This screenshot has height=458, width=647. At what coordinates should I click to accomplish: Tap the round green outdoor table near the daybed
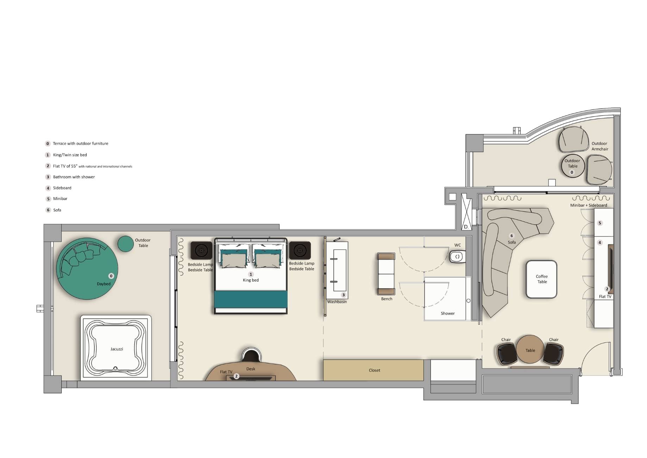coord(126,244)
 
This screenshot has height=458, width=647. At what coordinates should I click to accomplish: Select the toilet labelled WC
coord(457,256)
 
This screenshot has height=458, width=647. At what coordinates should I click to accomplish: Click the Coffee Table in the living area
coord(541,279)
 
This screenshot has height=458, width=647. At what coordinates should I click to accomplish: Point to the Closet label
coord(375,370)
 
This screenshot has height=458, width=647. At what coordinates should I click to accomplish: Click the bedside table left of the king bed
coord(201,250)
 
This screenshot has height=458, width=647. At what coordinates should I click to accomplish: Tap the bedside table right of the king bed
coord(300,250)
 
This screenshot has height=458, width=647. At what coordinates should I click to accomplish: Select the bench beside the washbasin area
coord(386,274)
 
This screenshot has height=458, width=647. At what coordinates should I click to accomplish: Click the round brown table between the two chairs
coord(530,349)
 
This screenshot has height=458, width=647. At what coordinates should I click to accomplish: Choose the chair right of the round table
coord(554,354)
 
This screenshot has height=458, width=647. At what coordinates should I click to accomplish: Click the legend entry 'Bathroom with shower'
coord(74,177)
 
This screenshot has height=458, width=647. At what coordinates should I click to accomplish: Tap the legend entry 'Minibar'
coord(60,199)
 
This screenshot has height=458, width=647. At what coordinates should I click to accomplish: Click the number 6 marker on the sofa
coord(511,236)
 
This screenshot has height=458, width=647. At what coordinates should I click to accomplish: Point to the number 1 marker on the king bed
coord(251,274)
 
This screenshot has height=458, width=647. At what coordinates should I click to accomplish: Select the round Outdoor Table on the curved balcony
coord(573,166)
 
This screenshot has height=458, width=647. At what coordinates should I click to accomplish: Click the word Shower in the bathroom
coord(448,313)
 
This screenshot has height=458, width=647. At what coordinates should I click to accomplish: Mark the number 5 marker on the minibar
coord(600,223)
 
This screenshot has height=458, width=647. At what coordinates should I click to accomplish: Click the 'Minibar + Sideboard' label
coord(589,205)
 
